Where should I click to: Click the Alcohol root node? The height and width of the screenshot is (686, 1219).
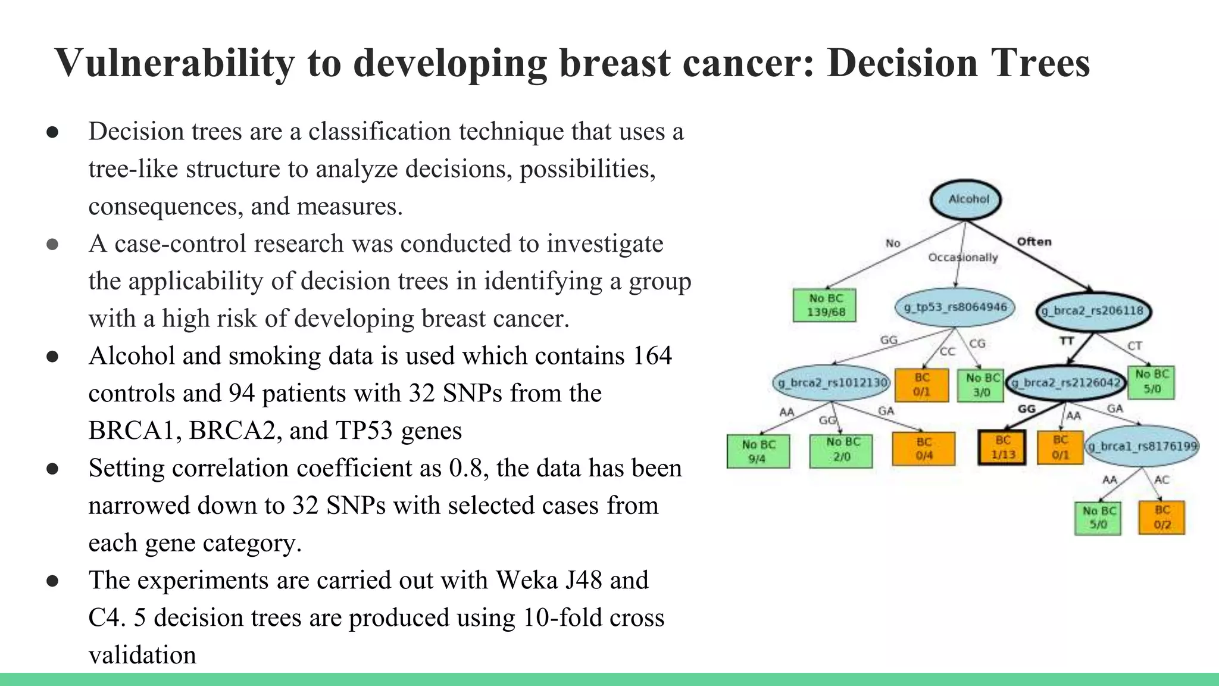965,199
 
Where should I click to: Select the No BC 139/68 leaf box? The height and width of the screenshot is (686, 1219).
825,305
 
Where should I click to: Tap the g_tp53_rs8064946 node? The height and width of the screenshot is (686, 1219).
955,307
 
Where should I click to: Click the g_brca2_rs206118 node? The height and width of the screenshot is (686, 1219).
1093,311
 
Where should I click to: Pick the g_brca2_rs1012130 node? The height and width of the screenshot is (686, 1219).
832,382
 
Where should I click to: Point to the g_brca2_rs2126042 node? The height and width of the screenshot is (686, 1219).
1065,383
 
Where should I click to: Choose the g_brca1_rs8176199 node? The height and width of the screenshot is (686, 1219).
1142,446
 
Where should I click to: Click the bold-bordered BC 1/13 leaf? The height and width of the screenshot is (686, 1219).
1002,447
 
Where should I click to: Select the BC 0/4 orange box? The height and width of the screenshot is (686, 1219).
924,448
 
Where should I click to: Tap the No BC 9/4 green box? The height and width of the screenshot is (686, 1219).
758,451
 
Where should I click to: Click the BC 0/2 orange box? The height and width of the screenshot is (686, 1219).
1162,517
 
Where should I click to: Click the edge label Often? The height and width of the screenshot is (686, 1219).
1034,242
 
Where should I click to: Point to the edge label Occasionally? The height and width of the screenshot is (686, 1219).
962,257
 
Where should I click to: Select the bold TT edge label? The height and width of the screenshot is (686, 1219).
1066,341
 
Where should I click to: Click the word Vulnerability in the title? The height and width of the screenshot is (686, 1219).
174,63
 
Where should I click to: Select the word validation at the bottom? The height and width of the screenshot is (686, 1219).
142,655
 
